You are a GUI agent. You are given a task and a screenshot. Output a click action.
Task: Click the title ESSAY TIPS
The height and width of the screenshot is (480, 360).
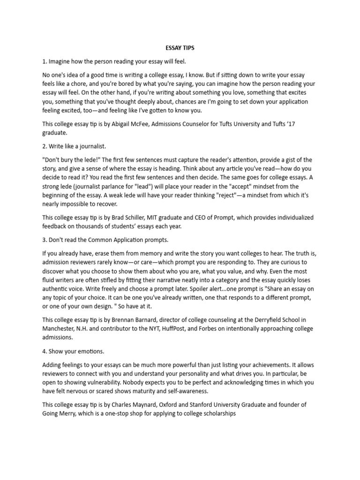[x=180, y=48]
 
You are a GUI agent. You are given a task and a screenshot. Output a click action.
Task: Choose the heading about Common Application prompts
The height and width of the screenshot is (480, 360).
[x=105, y=240]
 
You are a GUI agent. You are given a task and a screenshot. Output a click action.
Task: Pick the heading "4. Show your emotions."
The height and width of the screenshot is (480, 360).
[x=73, y=352]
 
